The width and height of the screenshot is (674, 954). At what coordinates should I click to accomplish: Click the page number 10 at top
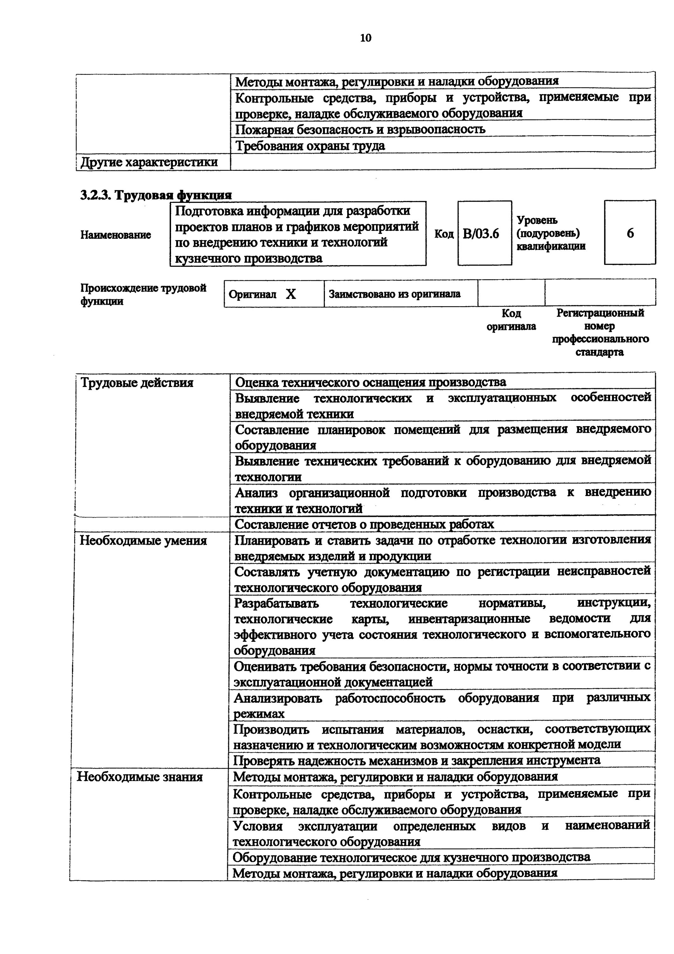365,38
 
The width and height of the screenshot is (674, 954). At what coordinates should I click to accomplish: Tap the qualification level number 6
630,233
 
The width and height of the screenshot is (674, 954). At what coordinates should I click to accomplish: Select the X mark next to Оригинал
291,294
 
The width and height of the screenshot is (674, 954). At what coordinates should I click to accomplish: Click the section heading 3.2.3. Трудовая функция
156,195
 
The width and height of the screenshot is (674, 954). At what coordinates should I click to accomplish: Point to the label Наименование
115,235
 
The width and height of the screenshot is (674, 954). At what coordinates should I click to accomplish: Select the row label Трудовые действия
137,382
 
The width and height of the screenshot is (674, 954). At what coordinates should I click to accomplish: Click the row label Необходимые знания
140,777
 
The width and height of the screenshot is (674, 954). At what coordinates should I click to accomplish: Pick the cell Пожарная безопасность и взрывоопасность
360,129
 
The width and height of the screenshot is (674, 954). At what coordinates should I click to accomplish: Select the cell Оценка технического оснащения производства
370,382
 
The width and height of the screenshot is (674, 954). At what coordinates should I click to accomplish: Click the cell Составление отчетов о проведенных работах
364,524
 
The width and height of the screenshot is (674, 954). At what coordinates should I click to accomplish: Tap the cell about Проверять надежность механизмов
416,760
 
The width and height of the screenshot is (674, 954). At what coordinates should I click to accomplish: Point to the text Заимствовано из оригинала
395,294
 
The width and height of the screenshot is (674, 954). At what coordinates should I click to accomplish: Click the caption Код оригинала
511,320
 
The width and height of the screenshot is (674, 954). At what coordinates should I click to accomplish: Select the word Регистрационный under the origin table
600,313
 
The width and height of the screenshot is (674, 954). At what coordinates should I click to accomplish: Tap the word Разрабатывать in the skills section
276,603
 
